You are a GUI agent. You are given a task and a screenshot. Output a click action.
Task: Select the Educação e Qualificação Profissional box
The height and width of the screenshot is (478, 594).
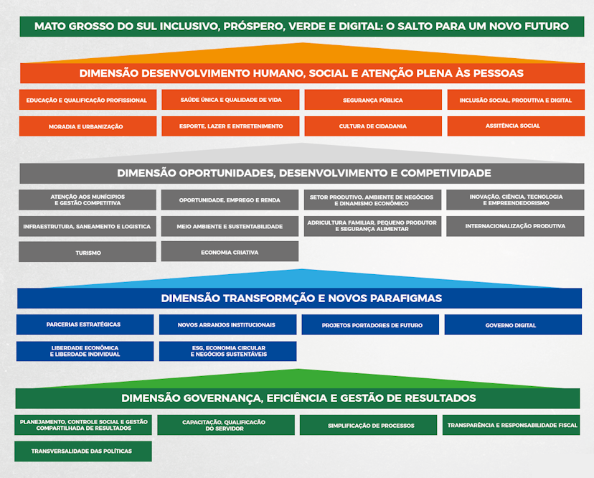pyautogui.click(x=88, y=100)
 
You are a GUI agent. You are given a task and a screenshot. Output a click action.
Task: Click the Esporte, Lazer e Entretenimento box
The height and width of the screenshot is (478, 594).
pyautogui.click(x=230, y=126)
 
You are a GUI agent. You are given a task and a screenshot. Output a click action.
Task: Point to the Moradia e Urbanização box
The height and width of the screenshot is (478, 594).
pyautogui.click(x=88, y=126)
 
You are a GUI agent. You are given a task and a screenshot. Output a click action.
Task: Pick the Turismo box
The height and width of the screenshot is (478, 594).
pyautogui.click(x=88, y=252)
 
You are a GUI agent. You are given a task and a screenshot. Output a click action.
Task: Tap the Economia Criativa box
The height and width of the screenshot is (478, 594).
pyautogui.click(x=230, y=252)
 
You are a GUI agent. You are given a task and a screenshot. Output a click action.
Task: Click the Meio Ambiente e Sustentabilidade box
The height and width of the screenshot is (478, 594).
pyautogui.click(x=230, y=226)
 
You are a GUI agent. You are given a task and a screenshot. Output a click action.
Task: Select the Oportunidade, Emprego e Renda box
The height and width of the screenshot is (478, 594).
pyautogui.click(x=230, y=200)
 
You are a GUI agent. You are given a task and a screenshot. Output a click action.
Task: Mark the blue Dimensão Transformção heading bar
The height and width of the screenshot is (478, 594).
pyautogui.click(x=300, y=299)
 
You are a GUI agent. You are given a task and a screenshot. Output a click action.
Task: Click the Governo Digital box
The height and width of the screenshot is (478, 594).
pyautogui.click(x=512, y=325)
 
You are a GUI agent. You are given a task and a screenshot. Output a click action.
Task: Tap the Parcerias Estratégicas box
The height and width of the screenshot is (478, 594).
pyautogui.click(x=85, y=324)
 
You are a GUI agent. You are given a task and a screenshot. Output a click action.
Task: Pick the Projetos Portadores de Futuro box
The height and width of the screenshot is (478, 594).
pyautogui.click(x=370, y=325)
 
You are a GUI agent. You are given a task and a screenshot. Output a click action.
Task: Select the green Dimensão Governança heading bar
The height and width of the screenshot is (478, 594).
pyautogui.click(x=298, y=398)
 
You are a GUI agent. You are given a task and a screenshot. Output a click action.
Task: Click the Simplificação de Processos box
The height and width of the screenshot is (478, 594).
pyautogui.click(x=368, y=425)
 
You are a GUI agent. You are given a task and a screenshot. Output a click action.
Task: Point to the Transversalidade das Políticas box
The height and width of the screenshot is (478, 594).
pyautogui.click(x=83, y=451)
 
